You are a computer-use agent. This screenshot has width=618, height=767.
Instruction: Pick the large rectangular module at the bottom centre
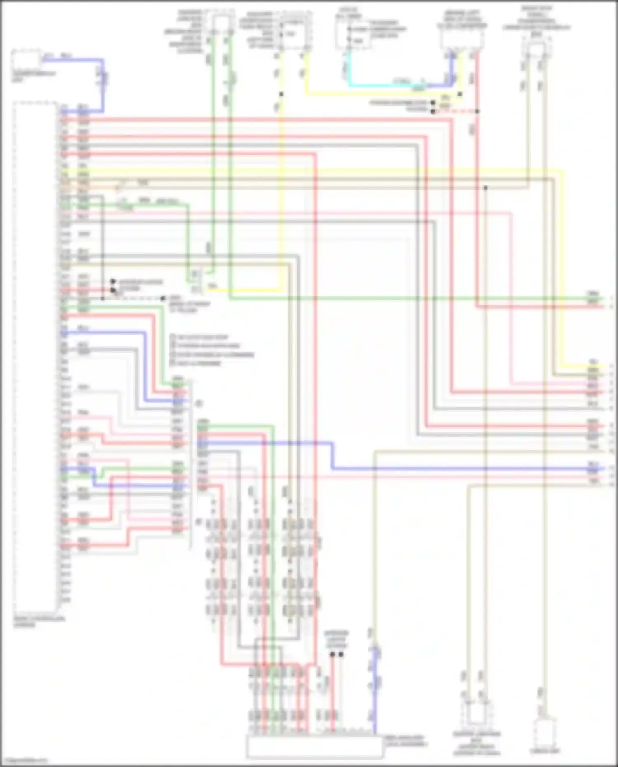tap(315, 746)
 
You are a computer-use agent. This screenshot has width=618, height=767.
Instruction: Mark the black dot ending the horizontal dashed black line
tap(163, 298)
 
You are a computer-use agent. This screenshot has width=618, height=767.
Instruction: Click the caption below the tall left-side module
tap(38, 622)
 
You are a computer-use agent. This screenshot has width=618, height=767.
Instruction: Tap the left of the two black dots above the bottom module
tap(332, 654)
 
